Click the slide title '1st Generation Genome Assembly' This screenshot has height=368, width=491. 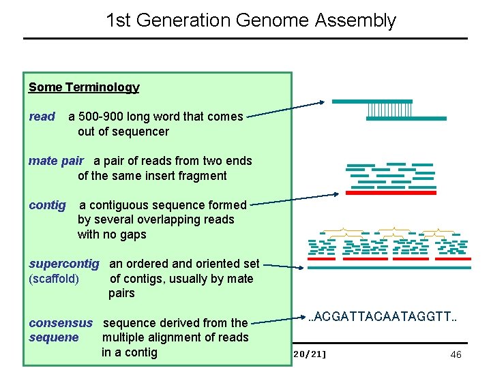pos(250,20)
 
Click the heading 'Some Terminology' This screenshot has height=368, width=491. pos(84,87)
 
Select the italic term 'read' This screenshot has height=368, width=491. pos(42,117)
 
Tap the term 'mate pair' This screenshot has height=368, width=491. pos(56,161)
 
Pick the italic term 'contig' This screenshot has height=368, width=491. pos(47,205)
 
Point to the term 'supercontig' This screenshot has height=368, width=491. pos(64,264)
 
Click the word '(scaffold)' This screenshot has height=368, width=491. pos(54,279)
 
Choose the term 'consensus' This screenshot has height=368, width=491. pos(61,323)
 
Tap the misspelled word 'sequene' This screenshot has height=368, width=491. pos(54,337)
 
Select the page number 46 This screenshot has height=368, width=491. pos(456,354)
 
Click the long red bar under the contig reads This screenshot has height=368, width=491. pos(391,193)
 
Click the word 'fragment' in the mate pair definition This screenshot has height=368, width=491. pos(203,176)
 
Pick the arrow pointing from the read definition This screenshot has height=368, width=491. pos(286,110)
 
